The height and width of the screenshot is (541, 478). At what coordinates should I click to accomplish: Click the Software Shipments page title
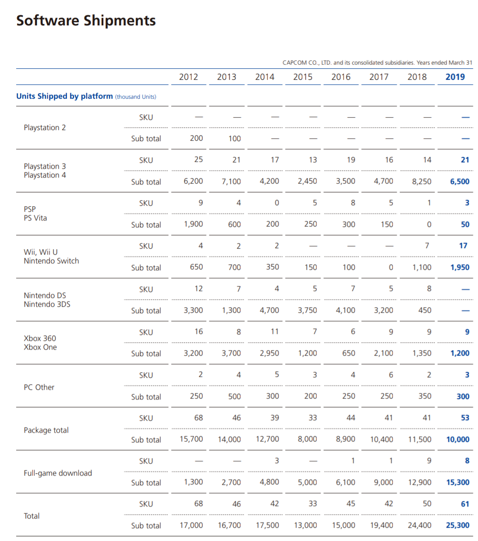pyautogui.click(x=86, y=21)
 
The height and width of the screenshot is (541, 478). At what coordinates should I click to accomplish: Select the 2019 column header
pyautogui.click(x=455, y=77)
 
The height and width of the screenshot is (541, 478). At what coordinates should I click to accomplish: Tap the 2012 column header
pyautogui.click(x=188, y=77)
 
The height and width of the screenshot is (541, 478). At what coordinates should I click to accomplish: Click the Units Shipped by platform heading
pyautogui.click(x=65, y=96)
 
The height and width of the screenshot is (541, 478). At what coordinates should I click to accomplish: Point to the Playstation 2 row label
pyautogui.click(x=44, y=128)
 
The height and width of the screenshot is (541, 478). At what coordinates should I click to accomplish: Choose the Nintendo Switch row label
pyautogui.click(x=51, y=261)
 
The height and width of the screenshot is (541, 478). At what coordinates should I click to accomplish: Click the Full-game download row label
pyautogui.click(x=58, y=473)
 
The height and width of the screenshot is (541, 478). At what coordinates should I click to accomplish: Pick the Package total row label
pyautogui.click(x=46, y=430)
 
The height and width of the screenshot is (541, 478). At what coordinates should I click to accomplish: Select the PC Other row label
pyautogui.click(x=39, y=387)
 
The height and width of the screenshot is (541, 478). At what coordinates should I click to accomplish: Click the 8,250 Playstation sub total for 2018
pyautogui.click(x=421, y=181)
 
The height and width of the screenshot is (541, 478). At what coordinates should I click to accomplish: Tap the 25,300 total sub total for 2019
pyautogui.click(x=458, y=525)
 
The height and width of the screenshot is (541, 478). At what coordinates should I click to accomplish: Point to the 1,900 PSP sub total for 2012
pyautogui.click(x=193, y=224)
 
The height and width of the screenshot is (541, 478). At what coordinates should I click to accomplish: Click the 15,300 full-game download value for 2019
pyautogui.click(x=458, y=482)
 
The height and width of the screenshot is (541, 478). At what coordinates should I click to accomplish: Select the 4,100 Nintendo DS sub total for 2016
pyautogui.click(x=346, y=310)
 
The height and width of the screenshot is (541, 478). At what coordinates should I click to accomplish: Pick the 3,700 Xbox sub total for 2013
pyautogui.click(x=231, y=353)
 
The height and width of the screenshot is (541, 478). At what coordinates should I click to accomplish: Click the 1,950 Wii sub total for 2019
pyautogui.click(x=460, y=268)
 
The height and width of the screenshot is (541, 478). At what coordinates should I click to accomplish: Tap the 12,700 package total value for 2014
pyautogui.click(x=268, y=439)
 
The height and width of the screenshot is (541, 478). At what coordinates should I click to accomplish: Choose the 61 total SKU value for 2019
pyautogui.click(x=465, y=504)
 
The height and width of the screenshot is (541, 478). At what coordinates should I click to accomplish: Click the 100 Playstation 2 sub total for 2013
pyautogui.click(x=234, y=139)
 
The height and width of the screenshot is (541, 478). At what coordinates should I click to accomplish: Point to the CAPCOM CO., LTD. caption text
pyautogui.click(x=377, y=63)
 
